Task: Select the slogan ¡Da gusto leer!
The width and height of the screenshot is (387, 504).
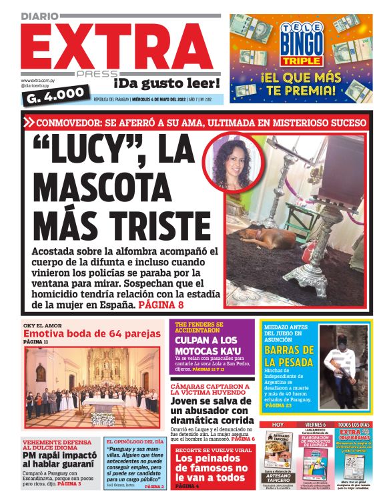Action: (166, 83)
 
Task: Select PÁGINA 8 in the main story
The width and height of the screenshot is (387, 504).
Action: (161, 305)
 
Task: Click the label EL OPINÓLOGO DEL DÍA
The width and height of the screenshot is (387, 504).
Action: (134, 442)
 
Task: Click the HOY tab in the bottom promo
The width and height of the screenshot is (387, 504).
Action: (278, 425)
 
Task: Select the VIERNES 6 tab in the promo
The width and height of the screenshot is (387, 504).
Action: (316, 425)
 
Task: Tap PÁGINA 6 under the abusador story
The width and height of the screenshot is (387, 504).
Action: (241, 439)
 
